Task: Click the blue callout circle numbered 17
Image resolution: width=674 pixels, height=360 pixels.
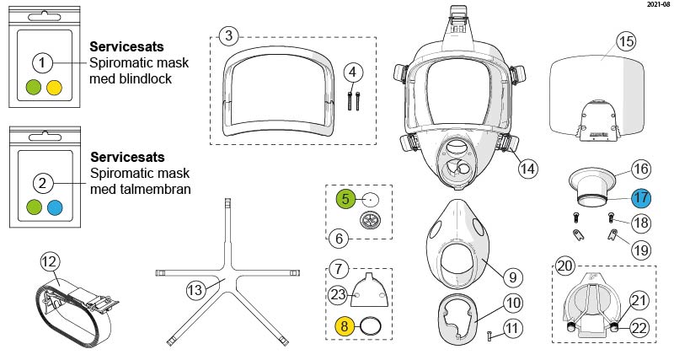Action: (641, 200)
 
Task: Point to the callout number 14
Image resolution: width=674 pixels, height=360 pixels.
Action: (527, 168)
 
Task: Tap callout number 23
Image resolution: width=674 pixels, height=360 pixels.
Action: (337, 294)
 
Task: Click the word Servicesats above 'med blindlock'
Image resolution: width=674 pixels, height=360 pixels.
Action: (127, 46)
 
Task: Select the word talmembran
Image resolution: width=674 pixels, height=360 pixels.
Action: (162, 190)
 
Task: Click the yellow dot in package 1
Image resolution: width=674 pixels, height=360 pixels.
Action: (55, 86)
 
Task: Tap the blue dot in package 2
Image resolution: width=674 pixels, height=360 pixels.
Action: (55, 207)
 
